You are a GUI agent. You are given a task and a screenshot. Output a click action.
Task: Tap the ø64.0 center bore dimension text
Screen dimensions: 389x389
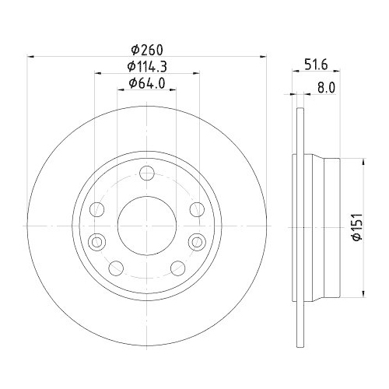145,82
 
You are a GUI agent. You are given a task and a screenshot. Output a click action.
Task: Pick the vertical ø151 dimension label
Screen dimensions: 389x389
355,226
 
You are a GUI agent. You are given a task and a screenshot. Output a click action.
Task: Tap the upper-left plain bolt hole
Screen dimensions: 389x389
97,209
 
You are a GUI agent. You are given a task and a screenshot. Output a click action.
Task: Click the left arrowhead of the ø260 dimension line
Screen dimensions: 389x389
32,56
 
